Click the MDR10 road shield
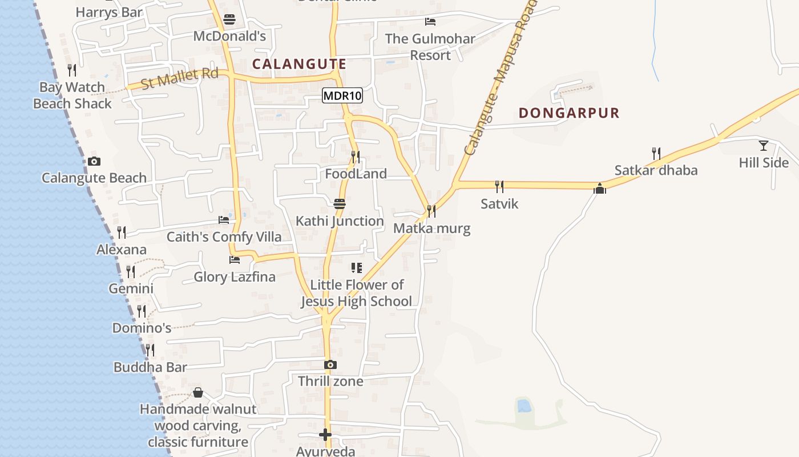[x=342, y=95]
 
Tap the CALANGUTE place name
[x=299, y=64]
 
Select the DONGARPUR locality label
[x=569, y=113]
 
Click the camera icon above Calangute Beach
[x=94, y=162]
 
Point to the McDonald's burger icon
[x=229, y=19]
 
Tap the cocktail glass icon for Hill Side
[x=763, y=146]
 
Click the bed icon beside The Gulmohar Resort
[x=430, y=22]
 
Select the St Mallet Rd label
[x=179, y=78]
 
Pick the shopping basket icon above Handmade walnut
[x=197, y=392]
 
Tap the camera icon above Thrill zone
[x=330, y=364]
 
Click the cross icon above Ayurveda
[x=325, y=435]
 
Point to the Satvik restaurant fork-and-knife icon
[x=499, y=186]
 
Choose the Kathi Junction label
[x=340, y=221]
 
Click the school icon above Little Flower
[x=357, y=267]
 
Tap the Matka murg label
[x=432, y=229]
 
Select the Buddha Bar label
[x=150, y=367]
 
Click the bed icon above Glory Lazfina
[x=234, y=260]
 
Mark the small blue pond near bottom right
[x=523, y=406]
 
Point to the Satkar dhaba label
[x=656, y=170]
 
